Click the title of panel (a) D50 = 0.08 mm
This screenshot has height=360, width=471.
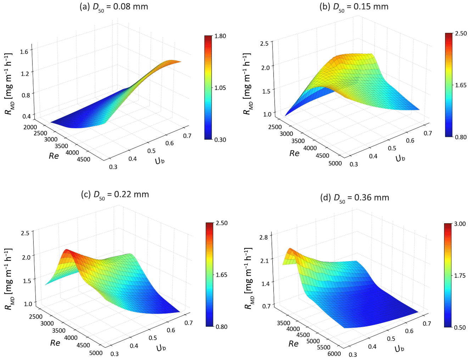(x=114, y=7)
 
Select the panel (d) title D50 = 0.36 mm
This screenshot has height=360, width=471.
(x=354, y=198)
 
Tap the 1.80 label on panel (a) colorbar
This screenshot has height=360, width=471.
(x=220, y=36)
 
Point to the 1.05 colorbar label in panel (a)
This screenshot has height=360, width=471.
(x=220, y=88)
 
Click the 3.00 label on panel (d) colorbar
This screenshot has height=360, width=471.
(x=460, y=224)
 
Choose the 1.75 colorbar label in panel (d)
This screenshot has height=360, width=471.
(x=460, y=276)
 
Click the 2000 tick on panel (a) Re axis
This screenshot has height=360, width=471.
(x=30, y=127)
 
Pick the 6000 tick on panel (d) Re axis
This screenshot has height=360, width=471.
(x=334, y=354)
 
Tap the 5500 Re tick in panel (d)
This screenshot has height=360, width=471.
(x=323, y=347)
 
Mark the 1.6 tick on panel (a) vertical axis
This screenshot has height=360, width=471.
(x=24, y=52)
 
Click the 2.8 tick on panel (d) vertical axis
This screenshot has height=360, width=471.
(x=264, y=237)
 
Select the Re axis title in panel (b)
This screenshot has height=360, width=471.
(x=295, y=153)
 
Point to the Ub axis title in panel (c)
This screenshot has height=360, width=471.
(x=161, y=348)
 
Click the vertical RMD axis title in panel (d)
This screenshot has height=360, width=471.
(x=249, y=278)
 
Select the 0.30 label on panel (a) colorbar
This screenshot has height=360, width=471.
(x=220, y=140)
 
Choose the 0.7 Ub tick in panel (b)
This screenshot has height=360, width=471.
(x=428, y=133)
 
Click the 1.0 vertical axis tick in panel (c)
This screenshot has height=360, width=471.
(x=28, y=304)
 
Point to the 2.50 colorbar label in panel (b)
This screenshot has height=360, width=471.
(x=461, y=33)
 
